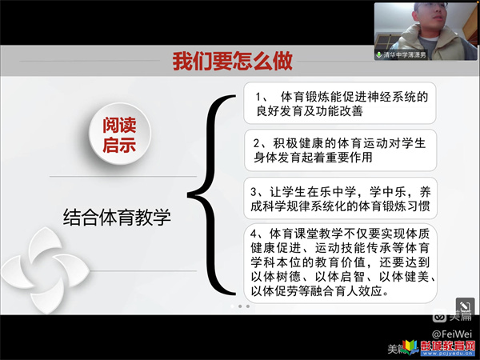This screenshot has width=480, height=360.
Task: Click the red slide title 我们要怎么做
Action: coord(232,62)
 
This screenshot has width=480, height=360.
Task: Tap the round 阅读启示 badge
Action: coord(120,134)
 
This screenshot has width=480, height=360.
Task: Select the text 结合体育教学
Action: coord(117,218)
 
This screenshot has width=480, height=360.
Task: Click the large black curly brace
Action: coord(211,194)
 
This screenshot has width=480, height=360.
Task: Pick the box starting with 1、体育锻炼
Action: coord(340,103)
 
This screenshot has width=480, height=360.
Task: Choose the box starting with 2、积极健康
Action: coord(341,150)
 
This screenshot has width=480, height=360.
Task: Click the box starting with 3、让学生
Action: coord(341,198)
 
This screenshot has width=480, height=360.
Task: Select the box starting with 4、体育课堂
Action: coord(341,263)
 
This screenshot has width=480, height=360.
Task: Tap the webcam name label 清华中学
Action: coord(405,54)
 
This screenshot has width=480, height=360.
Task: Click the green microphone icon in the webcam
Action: coord(379,54)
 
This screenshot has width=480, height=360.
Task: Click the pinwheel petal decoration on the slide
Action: coord(46,270)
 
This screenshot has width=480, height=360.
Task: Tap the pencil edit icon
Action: coord(464,306)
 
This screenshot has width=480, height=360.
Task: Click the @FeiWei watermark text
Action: coord(452,334)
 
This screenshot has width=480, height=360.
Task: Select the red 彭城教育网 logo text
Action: coord(447,346)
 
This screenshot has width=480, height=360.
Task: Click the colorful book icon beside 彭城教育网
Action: coord(411,347)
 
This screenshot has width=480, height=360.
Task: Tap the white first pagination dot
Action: coord(232,306)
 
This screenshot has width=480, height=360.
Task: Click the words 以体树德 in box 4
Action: coord(275,277)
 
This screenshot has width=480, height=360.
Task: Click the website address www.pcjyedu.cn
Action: coord(447,354)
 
